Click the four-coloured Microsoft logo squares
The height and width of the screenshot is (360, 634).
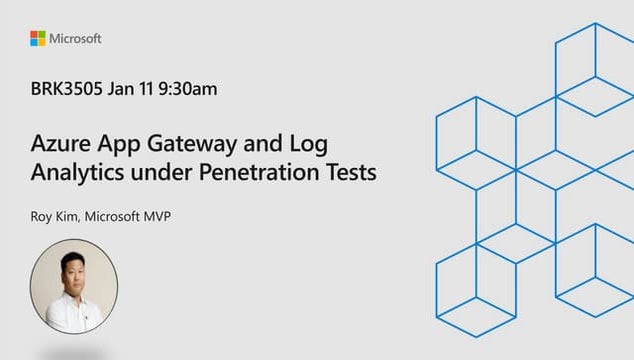[x=37, y=38]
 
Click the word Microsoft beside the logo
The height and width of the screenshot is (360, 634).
[x=76, y=38]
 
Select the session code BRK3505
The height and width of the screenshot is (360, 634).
[x=65, y=89]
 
